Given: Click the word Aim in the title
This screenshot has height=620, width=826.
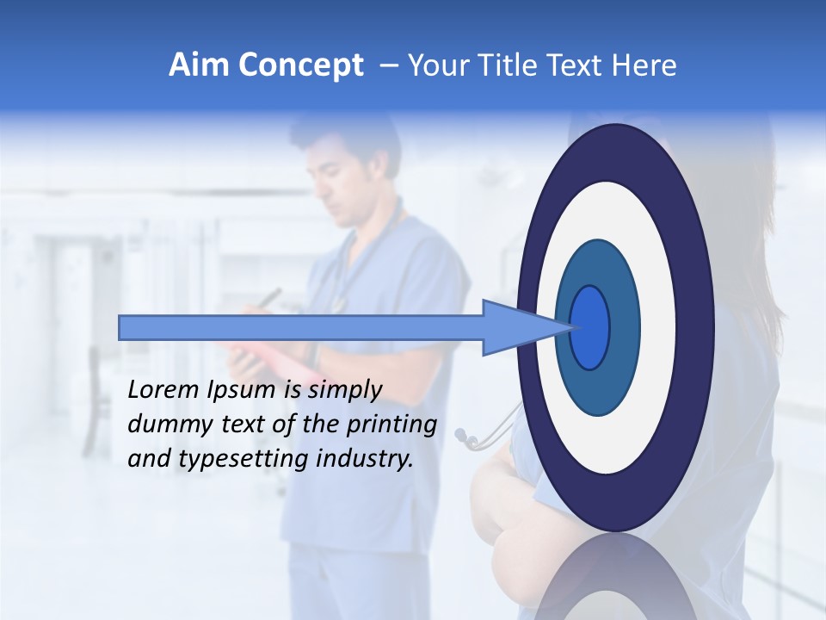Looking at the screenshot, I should (198, 65).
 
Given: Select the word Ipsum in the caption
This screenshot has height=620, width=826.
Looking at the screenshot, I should (243, 390).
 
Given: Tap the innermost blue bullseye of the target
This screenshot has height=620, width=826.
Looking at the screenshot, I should (590, 327).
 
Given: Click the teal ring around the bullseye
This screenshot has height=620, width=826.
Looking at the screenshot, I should (625, 327).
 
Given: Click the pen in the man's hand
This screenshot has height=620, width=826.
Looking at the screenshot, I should (270, 297).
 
